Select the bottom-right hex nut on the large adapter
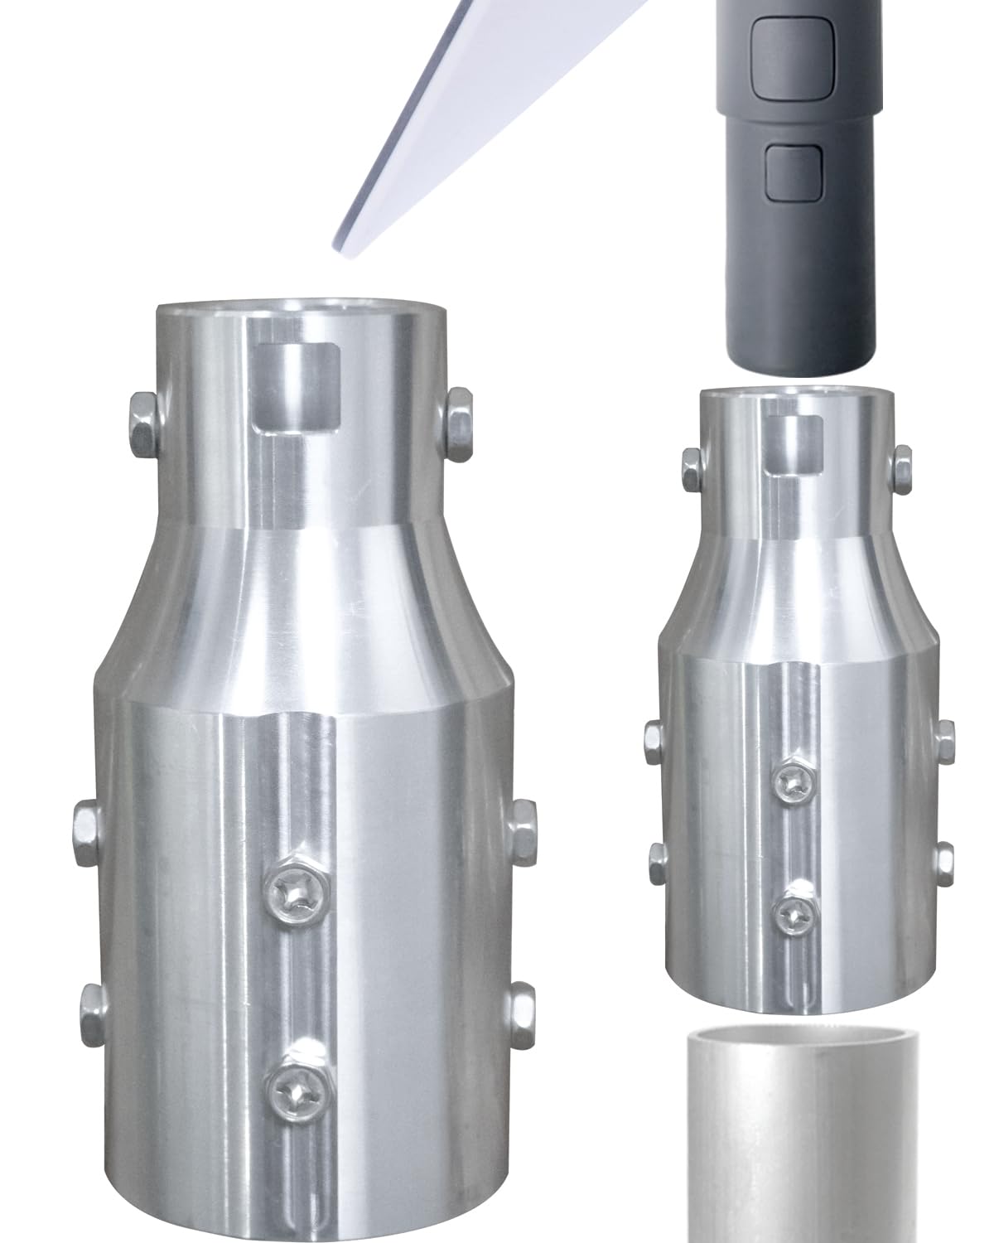coord(521,1007)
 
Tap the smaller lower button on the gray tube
coord(793,172)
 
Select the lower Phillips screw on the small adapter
coord(796,911)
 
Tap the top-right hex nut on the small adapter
coord(903,468)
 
